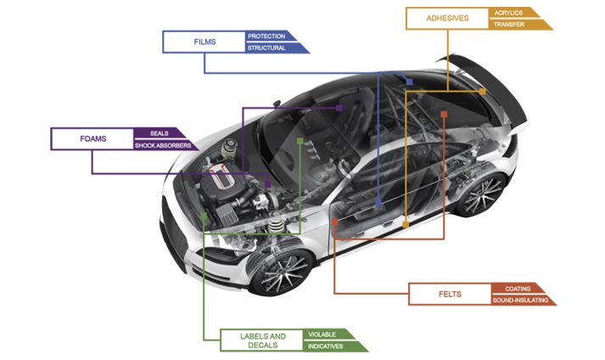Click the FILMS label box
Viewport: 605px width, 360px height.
click(204, 42)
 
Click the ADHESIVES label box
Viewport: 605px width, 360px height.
click(446, 19)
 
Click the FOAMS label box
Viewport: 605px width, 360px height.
click(92, 139)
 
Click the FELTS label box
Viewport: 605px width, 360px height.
click(450, 294)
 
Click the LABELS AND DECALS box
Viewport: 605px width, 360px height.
click(260, 340)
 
